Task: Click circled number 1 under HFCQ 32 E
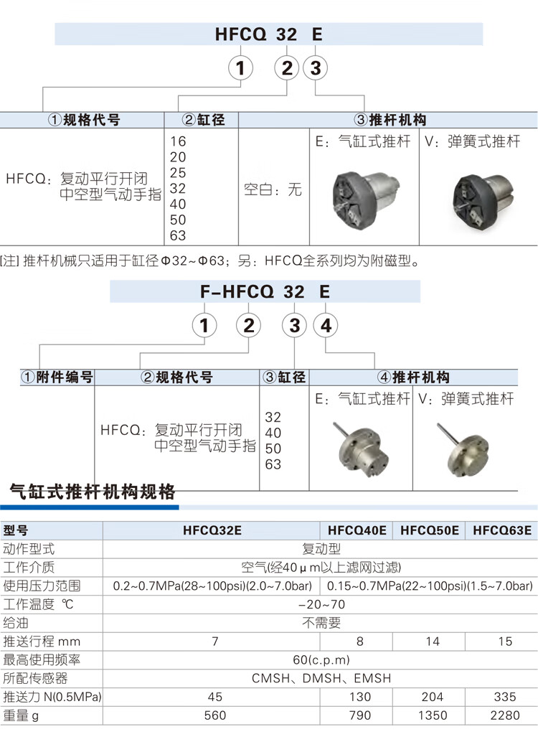[241, 68]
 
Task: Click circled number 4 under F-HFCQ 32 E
[325, 326]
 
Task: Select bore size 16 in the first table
[177, 142]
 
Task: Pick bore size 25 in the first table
[177, 174]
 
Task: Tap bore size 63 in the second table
[273, 464]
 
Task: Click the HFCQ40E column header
[357, 531]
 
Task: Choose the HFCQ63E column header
[501, 531]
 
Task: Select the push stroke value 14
[431, 642]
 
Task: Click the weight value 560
[214, 715]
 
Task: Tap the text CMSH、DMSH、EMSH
[321, 678]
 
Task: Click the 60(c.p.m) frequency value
[321, 660]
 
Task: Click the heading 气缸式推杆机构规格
[93, 493]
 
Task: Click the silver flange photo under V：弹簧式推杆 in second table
[466, 449]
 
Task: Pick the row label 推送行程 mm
[42, 642]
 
